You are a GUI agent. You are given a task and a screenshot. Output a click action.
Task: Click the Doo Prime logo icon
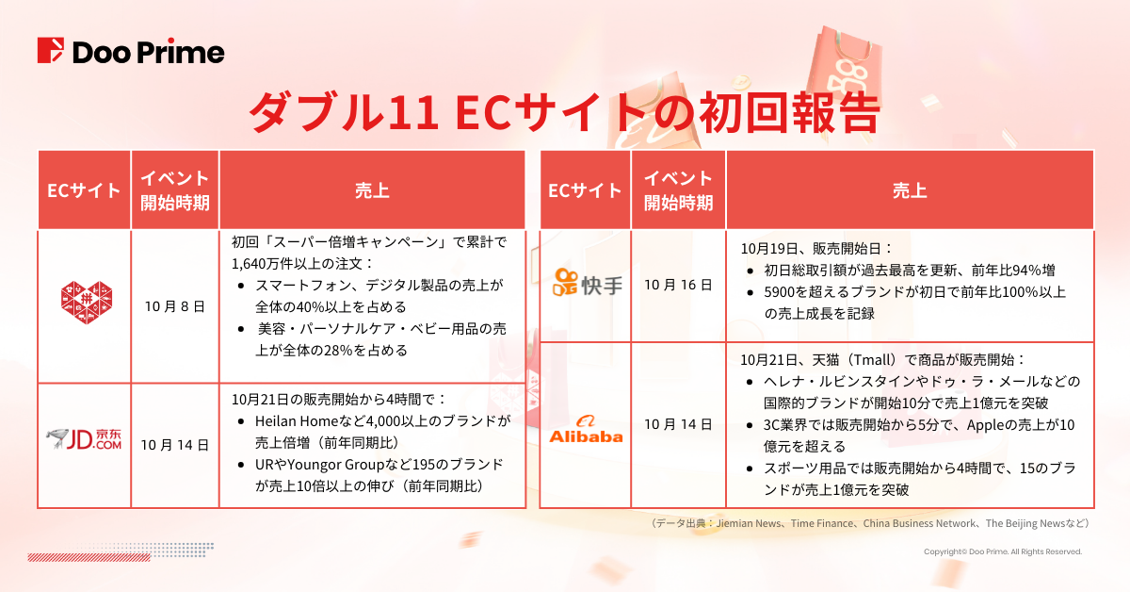[52, 52]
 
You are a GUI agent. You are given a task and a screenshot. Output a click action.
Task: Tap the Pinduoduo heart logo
[85, 305]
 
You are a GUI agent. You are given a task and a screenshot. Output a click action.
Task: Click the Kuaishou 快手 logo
[588, 282]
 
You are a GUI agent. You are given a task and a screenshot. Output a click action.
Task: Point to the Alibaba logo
[587, 429]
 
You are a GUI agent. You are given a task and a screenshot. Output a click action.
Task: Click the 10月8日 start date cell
[175, 306]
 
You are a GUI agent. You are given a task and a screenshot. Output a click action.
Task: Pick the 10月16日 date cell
[678, 283]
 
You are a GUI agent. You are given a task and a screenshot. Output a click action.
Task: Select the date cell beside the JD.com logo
[175, 444]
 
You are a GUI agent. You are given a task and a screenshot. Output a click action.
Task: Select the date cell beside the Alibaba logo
[678, 424]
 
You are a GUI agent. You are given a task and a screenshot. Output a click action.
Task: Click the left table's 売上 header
[372, 190]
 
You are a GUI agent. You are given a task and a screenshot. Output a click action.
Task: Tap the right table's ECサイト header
[586, 190]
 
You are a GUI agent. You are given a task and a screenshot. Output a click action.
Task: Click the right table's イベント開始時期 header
[678, 190]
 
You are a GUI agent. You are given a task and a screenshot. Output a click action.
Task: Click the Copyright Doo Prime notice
[1002, 551]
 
